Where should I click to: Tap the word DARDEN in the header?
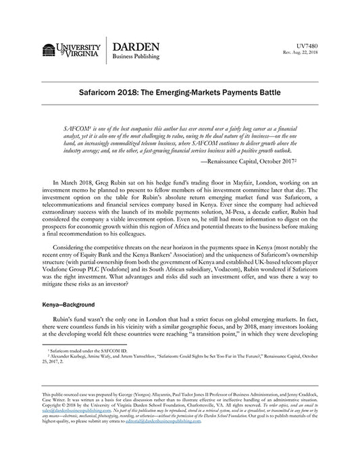click(136, 46)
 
